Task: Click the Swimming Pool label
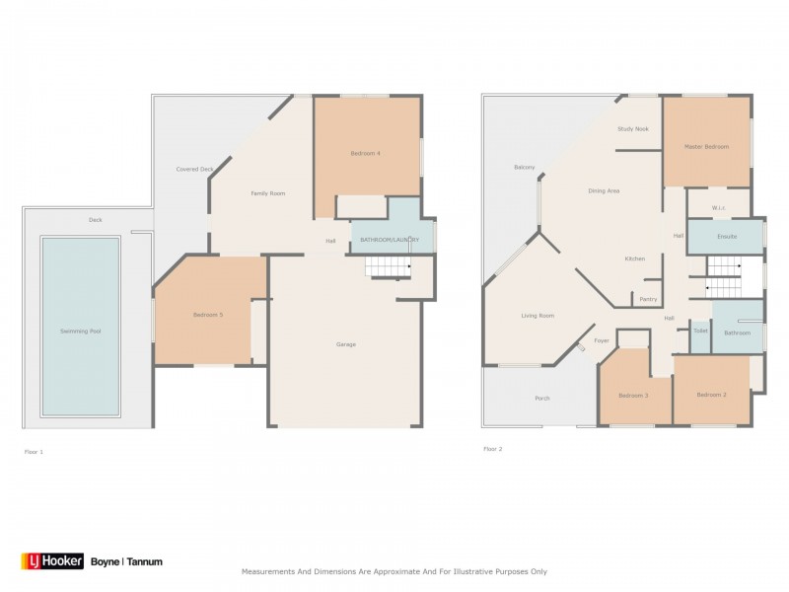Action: pyautogui.click(x=81, y=331)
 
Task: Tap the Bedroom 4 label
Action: pyautogui.click(x=365, y=153)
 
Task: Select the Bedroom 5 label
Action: pyautogui.click(x=207, y=315)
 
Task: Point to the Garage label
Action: pyautogui.click(x=345, y=344)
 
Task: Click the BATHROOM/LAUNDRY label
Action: pyautogui.click(x=391, y=240)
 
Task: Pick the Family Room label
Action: pyautogui.click(x=267, y=193)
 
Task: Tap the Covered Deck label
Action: pyautogui.click(x=194, y=169)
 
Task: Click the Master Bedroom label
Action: pyautogui.click(x=706, y=147)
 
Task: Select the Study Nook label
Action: pyautogui.click(x=633, y=129)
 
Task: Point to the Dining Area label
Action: pyautogui.click(x=604, y=190)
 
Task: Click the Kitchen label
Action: pyautogui.click(x=634, y=259)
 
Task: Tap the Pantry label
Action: pyautogui.click(x=648, y=299)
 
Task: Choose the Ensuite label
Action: pyautogui.click(x=727, y=237)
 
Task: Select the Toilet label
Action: pyautogui.click(x=700, y=331)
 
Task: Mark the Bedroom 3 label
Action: pyautogui.click(x=632, y=396)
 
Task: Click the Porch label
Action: pyautogui.click(x=541, y=399)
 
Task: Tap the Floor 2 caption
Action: pyautogui.click(x=492, y=449)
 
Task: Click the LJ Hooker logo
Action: pyautogui.click(x=51, y=561)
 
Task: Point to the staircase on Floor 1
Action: pyautogui.click(x=386, y=265)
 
